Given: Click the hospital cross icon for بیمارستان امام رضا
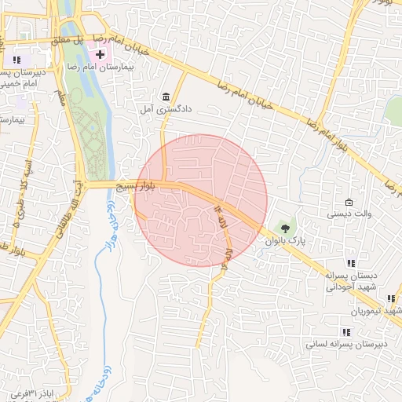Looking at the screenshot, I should [x=100, y=54].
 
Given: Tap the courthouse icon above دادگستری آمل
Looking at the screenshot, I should [x=166, y=97].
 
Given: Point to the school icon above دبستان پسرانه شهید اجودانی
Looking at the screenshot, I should [x=351, y=263].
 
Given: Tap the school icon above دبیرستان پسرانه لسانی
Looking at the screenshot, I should [x=346, y=332].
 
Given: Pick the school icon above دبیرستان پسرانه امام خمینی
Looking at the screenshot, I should [x=16, y=60].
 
